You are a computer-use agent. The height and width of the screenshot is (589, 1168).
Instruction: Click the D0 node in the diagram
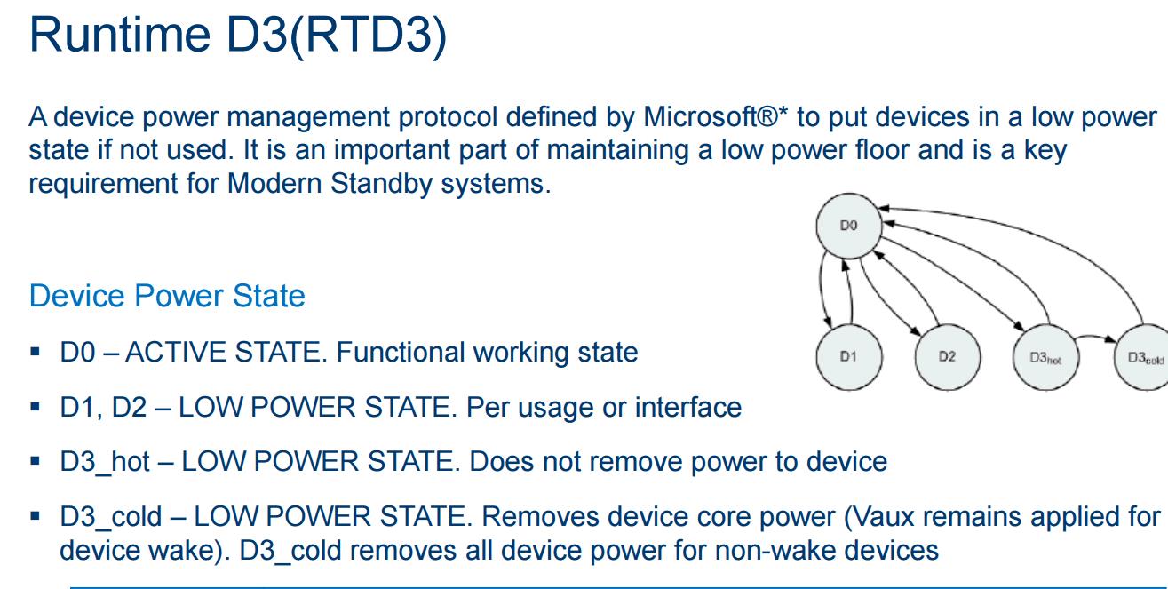pyautogui.click(x=849, y=226)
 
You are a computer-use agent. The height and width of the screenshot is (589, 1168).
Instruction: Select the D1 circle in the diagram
pyautogui.click(x=849, y=357)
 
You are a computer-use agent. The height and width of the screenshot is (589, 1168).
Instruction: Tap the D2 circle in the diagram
pyautogui.click(x=948, y=357)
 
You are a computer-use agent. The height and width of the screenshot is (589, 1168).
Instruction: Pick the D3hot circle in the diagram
pyautogui.click(x=1046, y=357)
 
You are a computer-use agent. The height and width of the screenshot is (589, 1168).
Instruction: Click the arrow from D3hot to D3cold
pyautogui.click(x=1095, y=337)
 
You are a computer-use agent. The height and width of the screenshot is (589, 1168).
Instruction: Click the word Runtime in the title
pyautogui.click(x=120, y=36)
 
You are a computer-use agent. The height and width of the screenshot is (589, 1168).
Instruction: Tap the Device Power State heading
pyautogui.click(x=167, y=296)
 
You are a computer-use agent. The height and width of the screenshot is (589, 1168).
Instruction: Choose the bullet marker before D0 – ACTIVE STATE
pyautogui.click(x=36, y=352)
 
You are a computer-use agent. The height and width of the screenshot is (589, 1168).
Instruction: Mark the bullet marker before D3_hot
pyautogui.click(x=36, y=461)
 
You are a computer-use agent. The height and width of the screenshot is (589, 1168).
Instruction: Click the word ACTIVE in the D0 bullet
pyautogui.click(x=174, y=352)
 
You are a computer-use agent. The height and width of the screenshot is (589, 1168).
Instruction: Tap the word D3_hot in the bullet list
pyautogui.click(x=105, y=462)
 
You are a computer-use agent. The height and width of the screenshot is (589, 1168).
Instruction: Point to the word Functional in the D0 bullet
pyautogui.click(x=401, y=352)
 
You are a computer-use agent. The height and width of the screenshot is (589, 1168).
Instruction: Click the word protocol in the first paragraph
pyautogui.click(x=448, y=118)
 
